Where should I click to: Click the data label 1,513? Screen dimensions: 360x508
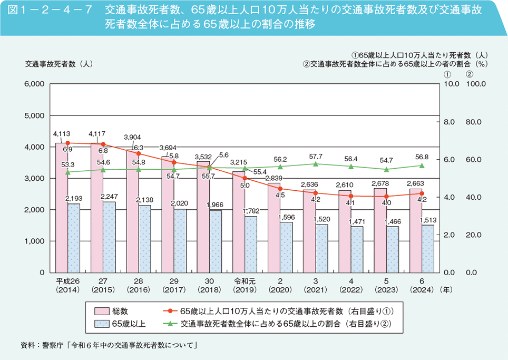(x=426, y=219)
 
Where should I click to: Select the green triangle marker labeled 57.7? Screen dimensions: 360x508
(x=315, y=164)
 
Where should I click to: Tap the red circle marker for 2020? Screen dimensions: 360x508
(x=280, y=188)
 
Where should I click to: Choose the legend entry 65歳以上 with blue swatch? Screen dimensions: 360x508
(x=124, y=323)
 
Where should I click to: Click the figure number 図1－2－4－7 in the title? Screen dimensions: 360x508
(x=51, y=10)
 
